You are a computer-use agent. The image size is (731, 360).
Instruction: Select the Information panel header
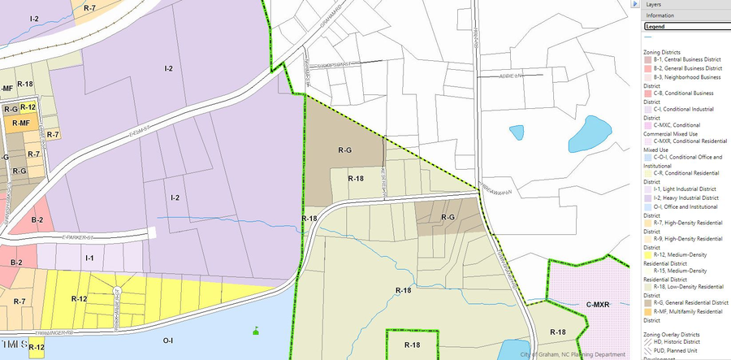(660, 15)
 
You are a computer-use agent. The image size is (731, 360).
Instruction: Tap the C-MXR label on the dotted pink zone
(599, 304)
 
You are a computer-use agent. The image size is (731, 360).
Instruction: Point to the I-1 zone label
(90, 258)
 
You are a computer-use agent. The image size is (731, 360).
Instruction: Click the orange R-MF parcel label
(19, 122)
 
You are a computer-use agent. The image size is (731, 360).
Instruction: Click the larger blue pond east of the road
(591, 133)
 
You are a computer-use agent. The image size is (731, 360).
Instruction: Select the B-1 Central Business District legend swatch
(647, 60)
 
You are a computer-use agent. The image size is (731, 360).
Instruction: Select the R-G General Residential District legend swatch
(647, 302)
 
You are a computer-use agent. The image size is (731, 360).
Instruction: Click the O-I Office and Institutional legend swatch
(647, 207)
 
